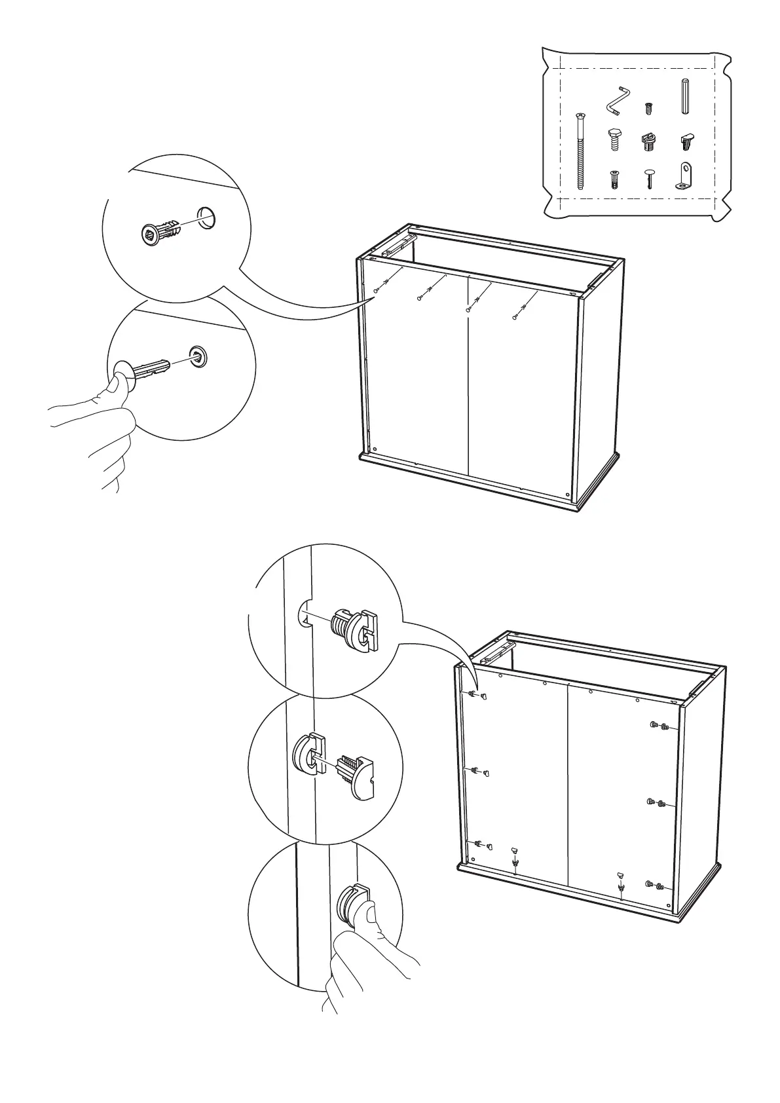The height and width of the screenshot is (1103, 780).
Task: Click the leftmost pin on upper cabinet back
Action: [x=375, y=290]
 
